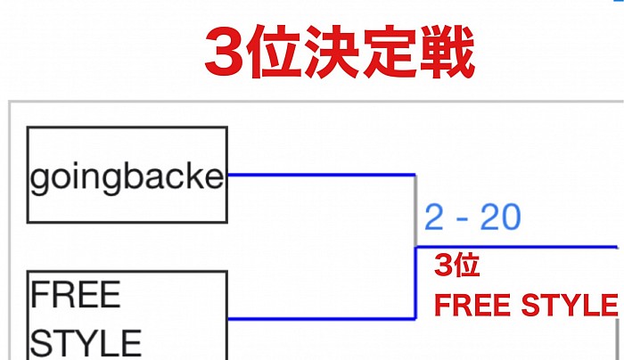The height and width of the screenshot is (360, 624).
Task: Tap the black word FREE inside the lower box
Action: (76, 294)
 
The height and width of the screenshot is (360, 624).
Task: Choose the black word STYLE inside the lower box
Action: (86, 343)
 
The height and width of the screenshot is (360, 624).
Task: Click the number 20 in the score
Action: (500, 217)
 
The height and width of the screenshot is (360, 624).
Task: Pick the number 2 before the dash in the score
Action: (434, 217)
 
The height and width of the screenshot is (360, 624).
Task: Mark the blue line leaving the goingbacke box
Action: (321, 175)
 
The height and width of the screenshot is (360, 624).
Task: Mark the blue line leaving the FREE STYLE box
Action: (321, 318)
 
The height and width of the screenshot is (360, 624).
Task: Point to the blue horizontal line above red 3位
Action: (517, 247)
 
